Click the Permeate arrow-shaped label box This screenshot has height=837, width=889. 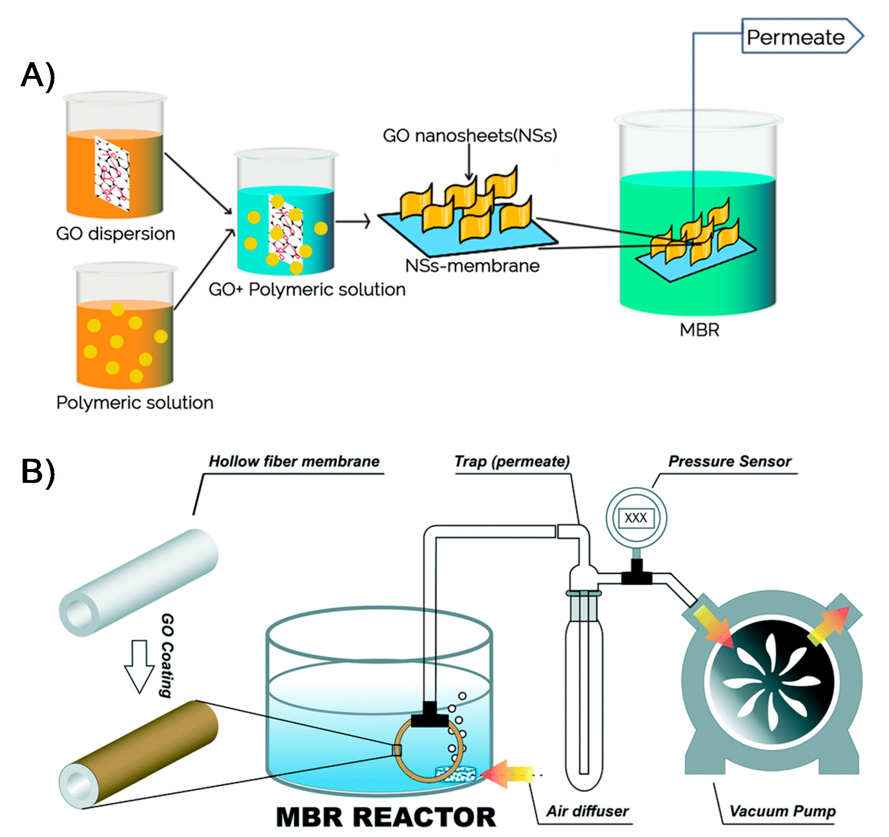[x=800, y=37]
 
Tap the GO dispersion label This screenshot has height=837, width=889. [x=115, y=234]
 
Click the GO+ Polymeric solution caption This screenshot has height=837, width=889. [x=307, y=290]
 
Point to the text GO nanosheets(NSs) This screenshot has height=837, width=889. [x=470, y=135]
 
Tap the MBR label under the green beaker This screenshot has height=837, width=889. [x=699, y=330]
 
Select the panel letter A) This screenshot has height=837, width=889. [x=38, y=75]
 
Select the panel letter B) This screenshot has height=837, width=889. [x=38, y=472]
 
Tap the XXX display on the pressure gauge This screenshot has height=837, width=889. [x=636, y=518]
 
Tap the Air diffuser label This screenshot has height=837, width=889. [x=588, y=811]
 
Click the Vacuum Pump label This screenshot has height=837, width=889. [x=783, y=811]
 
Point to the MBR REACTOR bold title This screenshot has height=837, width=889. [x=386, y=817]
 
